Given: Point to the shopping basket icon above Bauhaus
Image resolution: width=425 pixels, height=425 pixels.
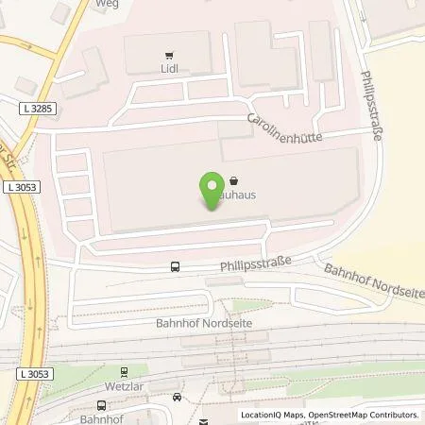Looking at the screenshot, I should pos(233,181).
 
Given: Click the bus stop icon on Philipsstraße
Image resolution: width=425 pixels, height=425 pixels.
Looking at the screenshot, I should pos(175,266).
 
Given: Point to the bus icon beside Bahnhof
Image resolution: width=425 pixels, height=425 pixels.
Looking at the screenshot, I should pos(177,398).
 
